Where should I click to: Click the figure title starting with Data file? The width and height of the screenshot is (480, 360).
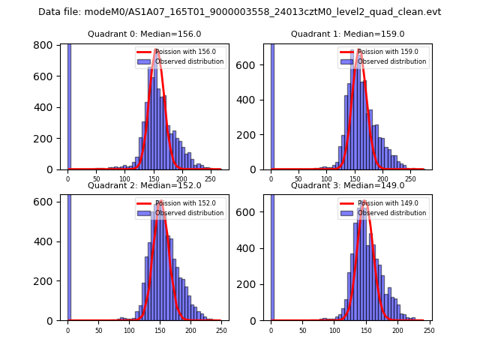[240, 12]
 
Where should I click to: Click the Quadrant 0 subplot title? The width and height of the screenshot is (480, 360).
[144, 34]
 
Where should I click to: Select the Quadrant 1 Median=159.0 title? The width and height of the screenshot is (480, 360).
[347, 34]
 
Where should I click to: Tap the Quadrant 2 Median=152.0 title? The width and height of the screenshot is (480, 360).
[144, 185]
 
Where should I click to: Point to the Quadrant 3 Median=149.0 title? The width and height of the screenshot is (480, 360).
[347, 185]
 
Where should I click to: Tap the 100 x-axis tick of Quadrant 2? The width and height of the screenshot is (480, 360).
[129, 331]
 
